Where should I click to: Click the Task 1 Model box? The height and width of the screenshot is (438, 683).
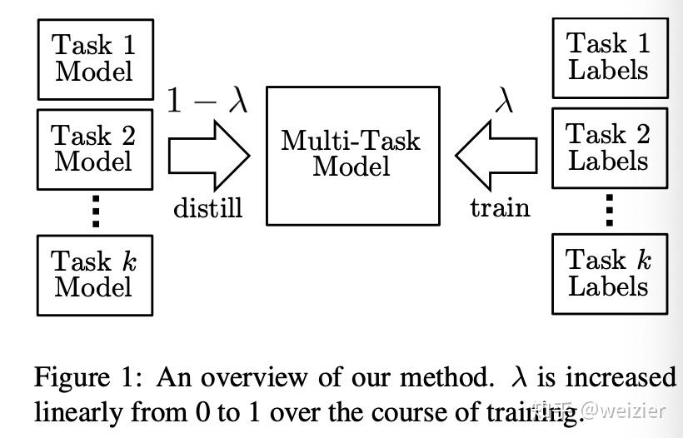coord(95,59)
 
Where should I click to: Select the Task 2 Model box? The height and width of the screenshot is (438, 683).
coord(95,148)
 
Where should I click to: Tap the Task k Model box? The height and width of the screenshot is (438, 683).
coord(95,274)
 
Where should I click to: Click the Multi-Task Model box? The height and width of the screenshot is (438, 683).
coord(352,155)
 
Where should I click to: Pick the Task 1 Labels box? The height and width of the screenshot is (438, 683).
coord(609,57)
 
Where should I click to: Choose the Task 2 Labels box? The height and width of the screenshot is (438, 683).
coord(609,147)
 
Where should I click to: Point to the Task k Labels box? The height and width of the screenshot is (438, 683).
coord(609,274)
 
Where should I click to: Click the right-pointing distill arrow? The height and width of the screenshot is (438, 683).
coord(209,155)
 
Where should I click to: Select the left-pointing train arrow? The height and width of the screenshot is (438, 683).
coord(496,155)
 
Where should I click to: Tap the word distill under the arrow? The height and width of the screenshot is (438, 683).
coord(208,207)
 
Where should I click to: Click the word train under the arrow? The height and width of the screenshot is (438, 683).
coord(500,207)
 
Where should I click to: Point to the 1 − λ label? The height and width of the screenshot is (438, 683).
coord(207,100)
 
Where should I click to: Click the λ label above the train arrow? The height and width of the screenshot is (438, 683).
coord(504,100)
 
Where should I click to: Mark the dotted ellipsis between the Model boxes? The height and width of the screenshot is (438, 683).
coord(95,211)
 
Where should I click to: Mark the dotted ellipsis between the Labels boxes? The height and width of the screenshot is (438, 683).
coord(609,211)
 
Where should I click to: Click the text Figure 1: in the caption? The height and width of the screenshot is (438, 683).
coord(90,377)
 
